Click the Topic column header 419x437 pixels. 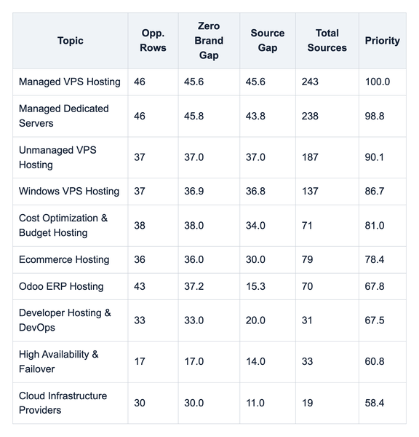click(71, 41)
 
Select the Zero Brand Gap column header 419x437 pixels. click(209, 41)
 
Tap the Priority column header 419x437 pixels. click(382, 41)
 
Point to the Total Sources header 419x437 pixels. click(327, 40)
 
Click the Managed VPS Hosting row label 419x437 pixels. click(70, 82)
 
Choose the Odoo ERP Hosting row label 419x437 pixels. click(61, 286)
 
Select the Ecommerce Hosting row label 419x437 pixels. click(64, 259)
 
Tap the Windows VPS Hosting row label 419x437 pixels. click(69, 191)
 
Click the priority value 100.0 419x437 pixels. click(378, 82)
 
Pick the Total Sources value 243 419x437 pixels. click(310, 82)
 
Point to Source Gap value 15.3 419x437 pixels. click(255, 286)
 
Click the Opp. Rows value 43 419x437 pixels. click(140, 286)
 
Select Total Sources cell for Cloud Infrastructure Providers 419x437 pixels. click(308, 403)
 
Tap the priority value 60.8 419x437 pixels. click(375, 361)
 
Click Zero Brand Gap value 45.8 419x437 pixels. click(193, 116)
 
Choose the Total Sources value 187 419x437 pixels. click(310, 157)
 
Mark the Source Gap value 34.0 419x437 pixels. click(255, 226)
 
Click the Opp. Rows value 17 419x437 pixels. click(140, 361)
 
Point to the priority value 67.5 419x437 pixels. click(375, 320)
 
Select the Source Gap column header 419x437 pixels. click(268, 40)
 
